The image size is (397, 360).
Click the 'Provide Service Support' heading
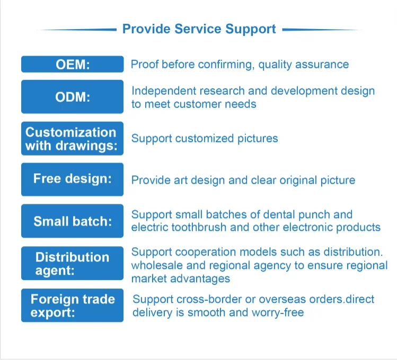click(x=199, y=29)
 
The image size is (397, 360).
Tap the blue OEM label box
click(x=73, y=64)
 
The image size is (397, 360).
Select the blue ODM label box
click(x=73, y=96)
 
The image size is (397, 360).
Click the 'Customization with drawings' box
click(x=73, y=138)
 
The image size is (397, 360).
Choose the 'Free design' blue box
click(x=73, y=179)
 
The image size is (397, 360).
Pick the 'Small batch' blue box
click(x=73, y=221)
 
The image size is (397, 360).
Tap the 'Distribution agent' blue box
click(x=73, y=263)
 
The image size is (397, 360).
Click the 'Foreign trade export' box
click(x=73, y=305)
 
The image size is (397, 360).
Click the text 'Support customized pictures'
click(x=205, y=138)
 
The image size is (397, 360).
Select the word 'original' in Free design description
click(x=295, y=180)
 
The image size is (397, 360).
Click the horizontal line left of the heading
click(x=77, y=30)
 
